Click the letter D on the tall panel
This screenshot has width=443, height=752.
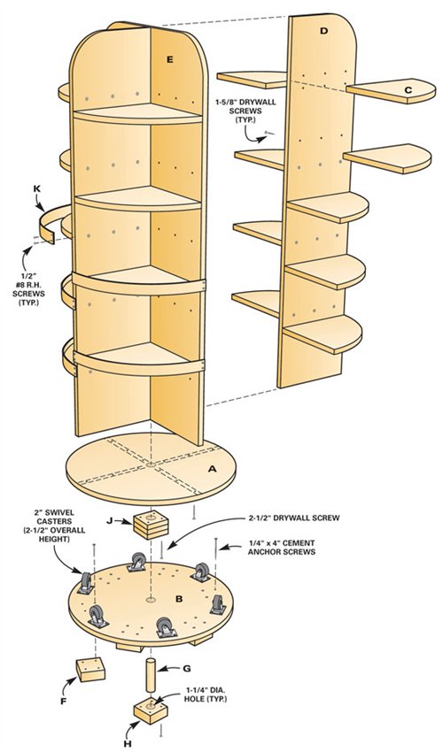click(323, 31)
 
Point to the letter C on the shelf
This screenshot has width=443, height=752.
click(408, 89)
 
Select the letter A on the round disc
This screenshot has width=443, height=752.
click(212, 471)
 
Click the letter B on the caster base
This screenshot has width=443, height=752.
click(179, 600)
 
